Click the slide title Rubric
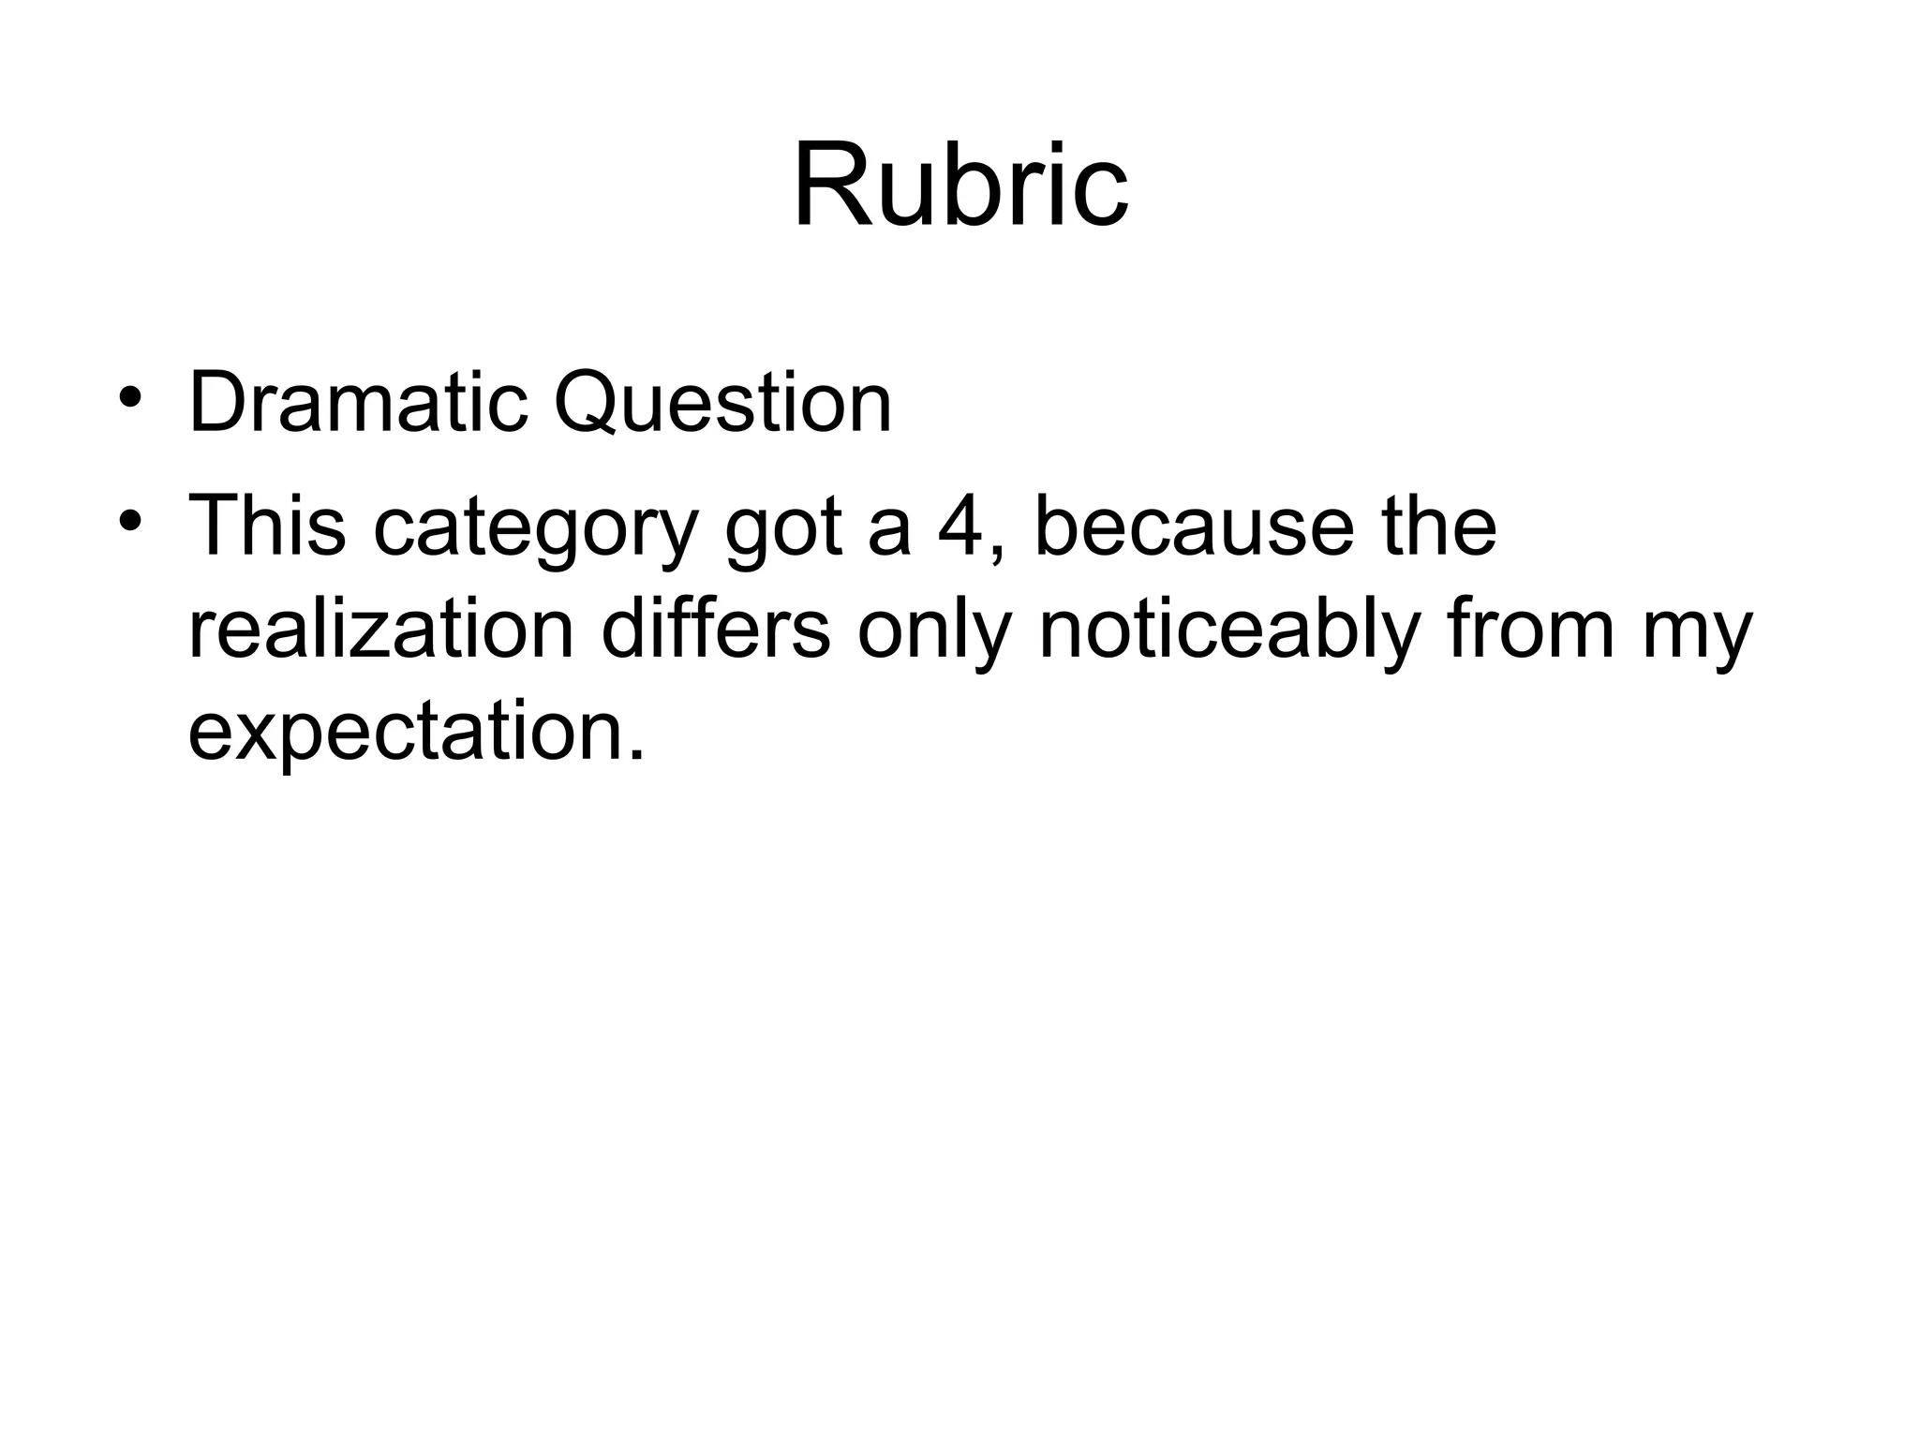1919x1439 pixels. [x=960, y=185]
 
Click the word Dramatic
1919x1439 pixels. [x=358, y=403]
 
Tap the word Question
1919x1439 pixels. [x=722, y=403]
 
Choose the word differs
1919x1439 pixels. [x=716, y=629]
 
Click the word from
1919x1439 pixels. [x=1531, y=629]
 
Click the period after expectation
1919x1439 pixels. [x=636, y=753]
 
